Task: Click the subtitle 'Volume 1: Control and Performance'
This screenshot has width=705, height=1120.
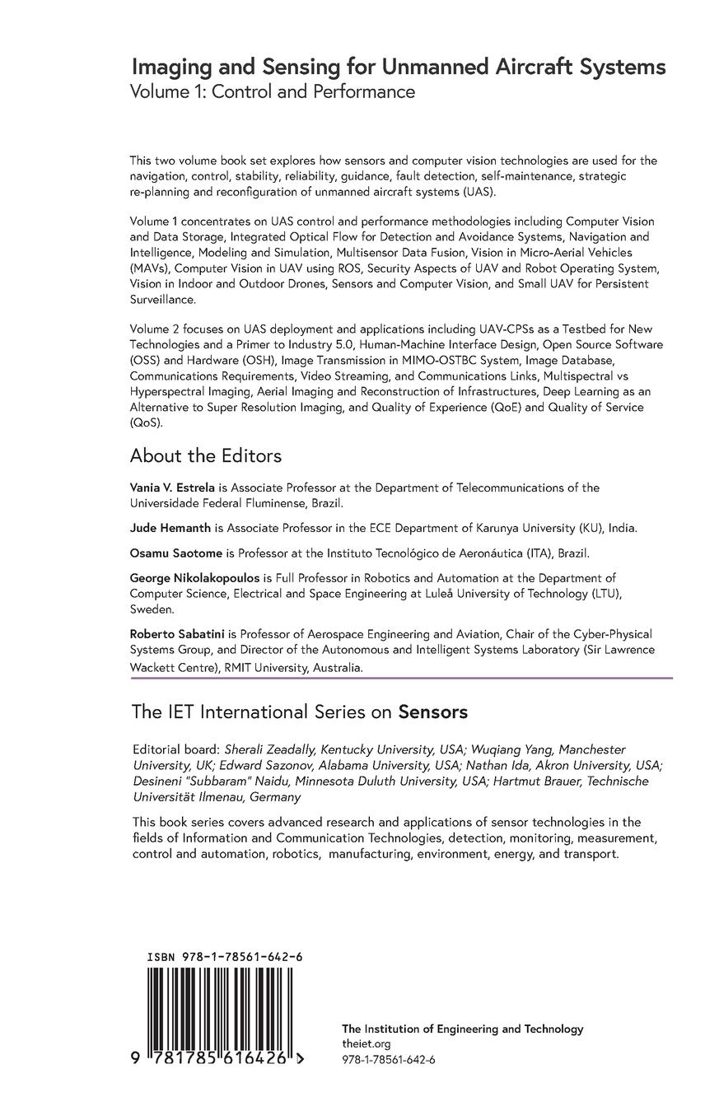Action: [272, 91]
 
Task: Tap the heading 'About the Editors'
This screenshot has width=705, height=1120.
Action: [206, 455]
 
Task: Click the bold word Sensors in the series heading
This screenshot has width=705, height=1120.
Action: [433, 712]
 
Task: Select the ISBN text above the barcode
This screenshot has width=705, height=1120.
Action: [224, 957]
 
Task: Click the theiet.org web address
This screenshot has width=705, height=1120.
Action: [361, 1043]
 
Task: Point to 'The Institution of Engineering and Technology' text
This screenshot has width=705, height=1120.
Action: [462, 1029]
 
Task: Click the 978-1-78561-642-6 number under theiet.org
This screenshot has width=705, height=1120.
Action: [388, 1059]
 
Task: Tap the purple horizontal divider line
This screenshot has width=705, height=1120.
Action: [402, 678]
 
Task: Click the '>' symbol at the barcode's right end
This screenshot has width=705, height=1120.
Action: [300, 1059]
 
